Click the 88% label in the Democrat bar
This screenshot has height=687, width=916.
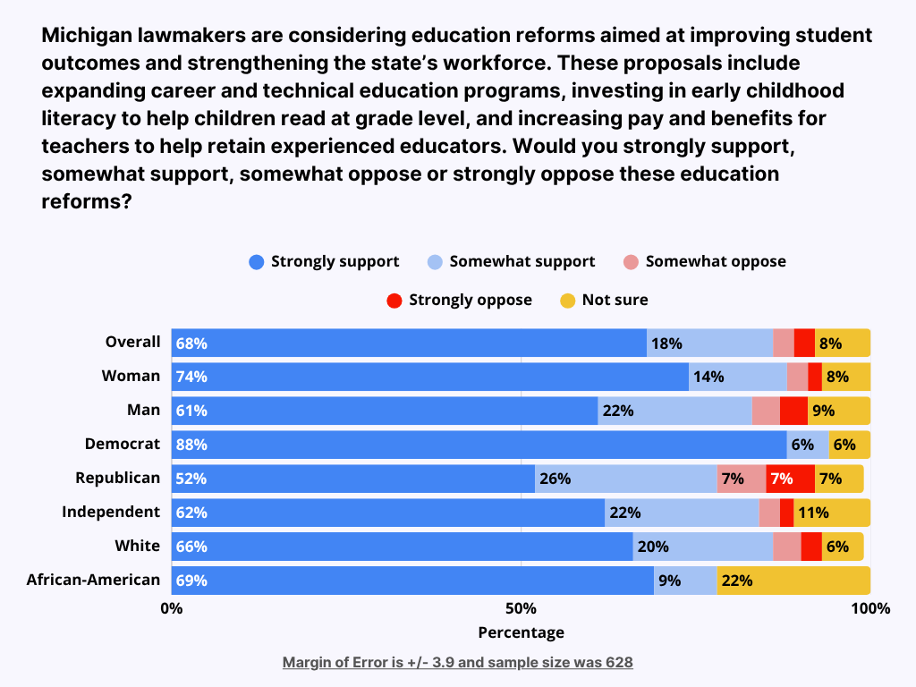coord(191,445)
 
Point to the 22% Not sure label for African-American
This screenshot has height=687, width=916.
coord(736,581)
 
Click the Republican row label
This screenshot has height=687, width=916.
coord(118,478)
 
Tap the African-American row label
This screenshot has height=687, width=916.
coord(93,580)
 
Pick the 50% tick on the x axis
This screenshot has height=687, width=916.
coord(521,609)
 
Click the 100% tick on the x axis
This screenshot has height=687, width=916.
coord(870,609)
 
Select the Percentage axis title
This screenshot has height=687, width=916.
coord(521,632)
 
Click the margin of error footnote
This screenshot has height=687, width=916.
coord(457,663)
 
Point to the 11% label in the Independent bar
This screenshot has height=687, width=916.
coord(812,513)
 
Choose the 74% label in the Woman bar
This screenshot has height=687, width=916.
coord(191,377)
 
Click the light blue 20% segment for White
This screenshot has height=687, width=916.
coord(702,547)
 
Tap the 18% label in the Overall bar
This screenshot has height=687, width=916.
coord(666,343)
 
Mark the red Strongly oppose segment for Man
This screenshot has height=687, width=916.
coord(793,411)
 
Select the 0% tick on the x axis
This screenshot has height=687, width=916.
coord(171,609)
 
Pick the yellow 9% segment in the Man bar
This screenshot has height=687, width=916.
coord(839,411)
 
